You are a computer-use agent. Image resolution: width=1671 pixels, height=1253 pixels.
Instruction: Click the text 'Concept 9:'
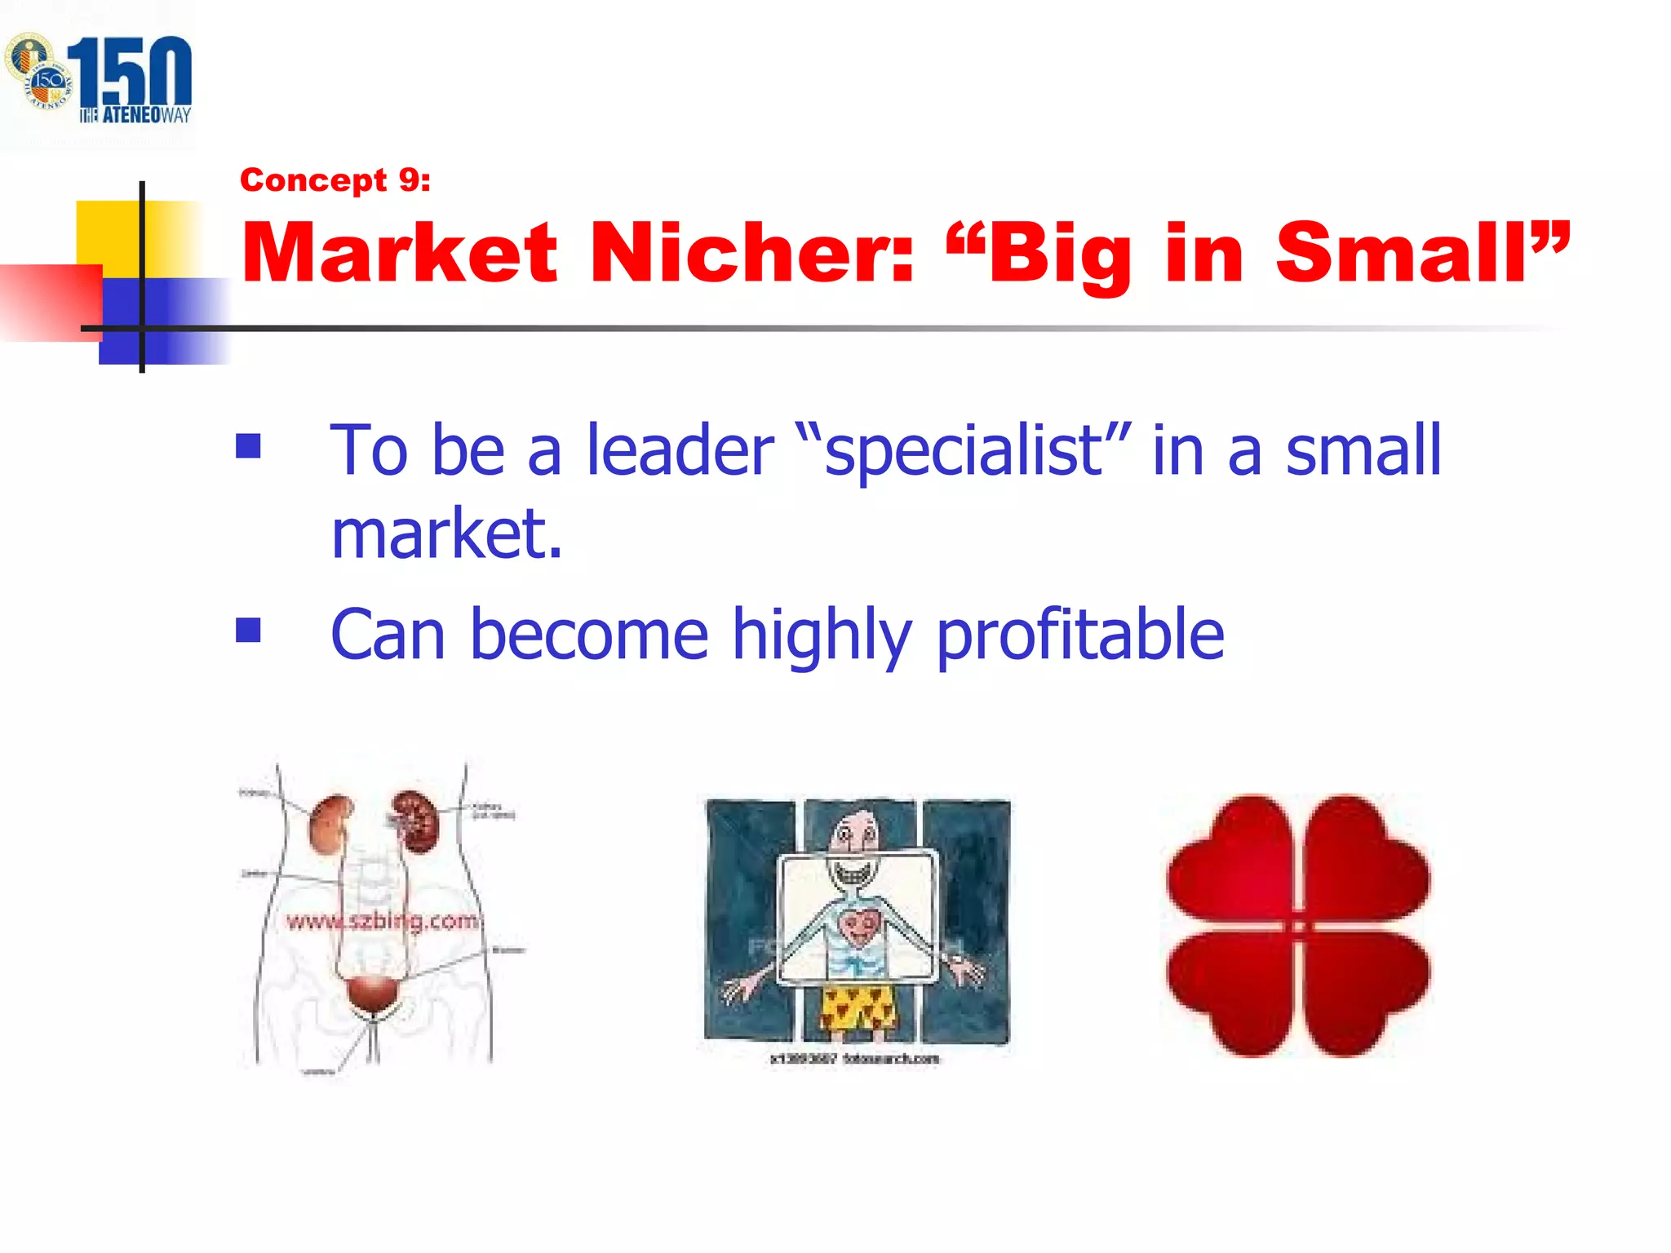[335, 179]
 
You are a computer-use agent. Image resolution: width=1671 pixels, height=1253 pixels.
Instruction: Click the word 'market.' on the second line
[447, 534]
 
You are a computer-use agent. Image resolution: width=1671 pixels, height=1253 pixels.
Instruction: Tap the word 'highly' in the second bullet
[821, 635]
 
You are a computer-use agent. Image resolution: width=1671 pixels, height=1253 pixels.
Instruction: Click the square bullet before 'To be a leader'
[248, 446]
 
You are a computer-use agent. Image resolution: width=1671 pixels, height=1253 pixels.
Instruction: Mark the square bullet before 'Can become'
[248, 630]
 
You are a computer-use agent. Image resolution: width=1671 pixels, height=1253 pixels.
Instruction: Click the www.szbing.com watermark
[382, 921]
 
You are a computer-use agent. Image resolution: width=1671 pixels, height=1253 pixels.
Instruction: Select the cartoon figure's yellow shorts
[857, 1007]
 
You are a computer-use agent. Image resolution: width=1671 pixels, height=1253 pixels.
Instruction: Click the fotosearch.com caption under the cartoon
[854, 1059]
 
